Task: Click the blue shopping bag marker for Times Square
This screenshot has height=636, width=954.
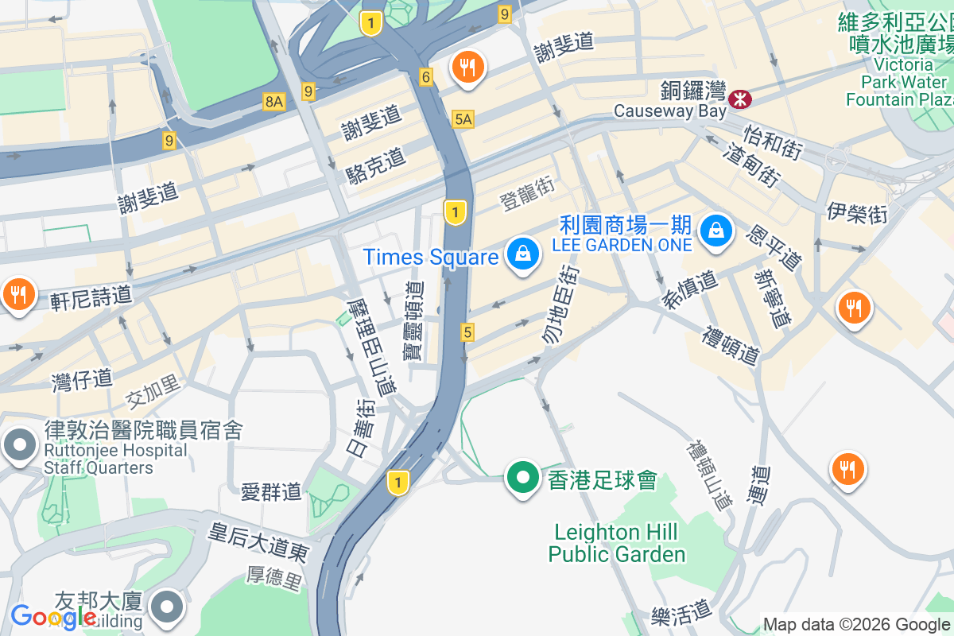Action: point(523,254)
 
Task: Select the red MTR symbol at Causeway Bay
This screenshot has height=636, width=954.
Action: point(739,99)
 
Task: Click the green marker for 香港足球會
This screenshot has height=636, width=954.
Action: point(523,478)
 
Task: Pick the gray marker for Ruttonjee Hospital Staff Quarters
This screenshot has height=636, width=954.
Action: point(19,445)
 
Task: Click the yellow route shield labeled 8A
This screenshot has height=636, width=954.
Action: point(274,101)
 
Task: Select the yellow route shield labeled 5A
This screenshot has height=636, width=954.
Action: point(463,119)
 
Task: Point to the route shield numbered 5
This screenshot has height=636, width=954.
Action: point(467,333)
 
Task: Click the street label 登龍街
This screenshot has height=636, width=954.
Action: point(527,193)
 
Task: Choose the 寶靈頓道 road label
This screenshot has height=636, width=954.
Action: point(413,321)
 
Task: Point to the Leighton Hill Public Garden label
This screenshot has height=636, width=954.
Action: point(617,543)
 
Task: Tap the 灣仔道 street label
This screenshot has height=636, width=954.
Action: point(82,380)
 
